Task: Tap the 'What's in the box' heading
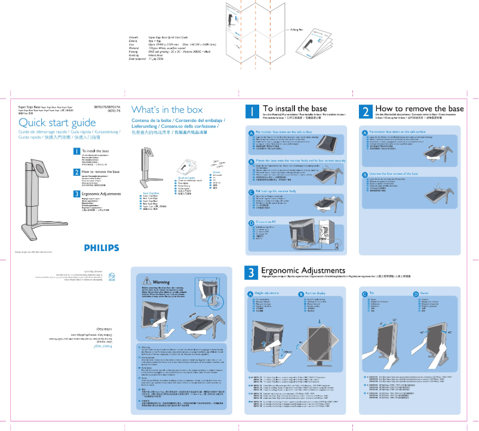click(167, 110)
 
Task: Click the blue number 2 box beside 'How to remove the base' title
click(366, 112)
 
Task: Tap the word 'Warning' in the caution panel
click(162, 282)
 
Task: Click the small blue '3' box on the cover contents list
click(76, 194)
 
